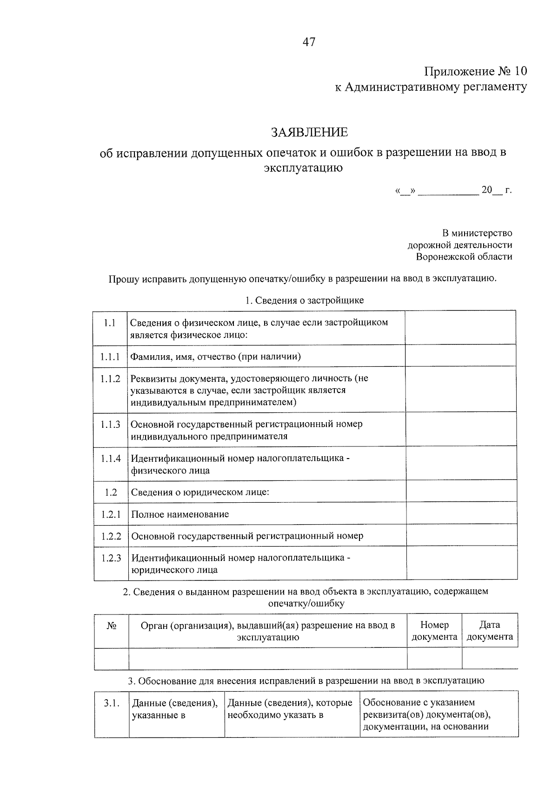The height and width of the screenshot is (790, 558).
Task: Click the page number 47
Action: pos(309,42)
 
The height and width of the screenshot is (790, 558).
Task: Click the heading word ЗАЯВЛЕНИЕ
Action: pos(309,133)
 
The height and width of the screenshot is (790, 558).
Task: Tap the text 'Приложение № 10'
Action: pos(476,71)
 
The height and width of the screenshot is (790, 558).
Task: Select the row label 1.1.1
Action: pos(110,357)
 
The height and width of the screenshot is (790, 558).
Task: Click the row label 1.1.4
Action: pos(110,459)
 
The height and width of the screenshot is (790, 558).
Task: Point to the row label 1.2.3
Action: pos(111,558)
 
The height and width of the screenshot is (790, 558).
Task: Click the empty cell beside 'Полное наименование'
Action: pos(461,514)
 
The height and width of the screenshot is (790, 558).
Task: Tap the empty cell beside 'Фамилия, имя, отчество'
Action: pos(460,356)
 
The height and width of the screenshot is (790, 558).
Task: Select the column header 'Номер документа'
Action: pos(434,631)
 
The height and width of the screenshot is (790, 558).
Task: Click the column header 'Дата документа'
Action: pos(490,631)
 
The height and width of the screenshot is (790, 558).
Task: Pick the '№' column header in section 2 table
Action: pos(111,626)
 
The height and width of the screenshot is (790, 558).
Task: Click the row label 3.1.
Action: pos(112,703)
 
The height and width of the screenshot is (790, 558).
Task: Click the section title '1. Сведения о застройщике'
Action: pos(305,300)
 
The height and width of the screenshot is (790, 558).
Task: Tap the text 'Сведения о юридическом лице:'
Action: pos(200,492)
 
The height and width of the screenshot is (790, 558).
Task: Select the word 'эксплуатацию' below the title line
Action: pos(303,168)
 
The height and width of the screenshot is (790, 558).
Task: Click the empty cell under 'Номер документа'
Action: pos(434,659)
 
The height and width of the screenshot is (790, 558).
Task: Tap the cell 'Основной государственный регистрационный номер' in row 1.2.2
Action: pos(247,536)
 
